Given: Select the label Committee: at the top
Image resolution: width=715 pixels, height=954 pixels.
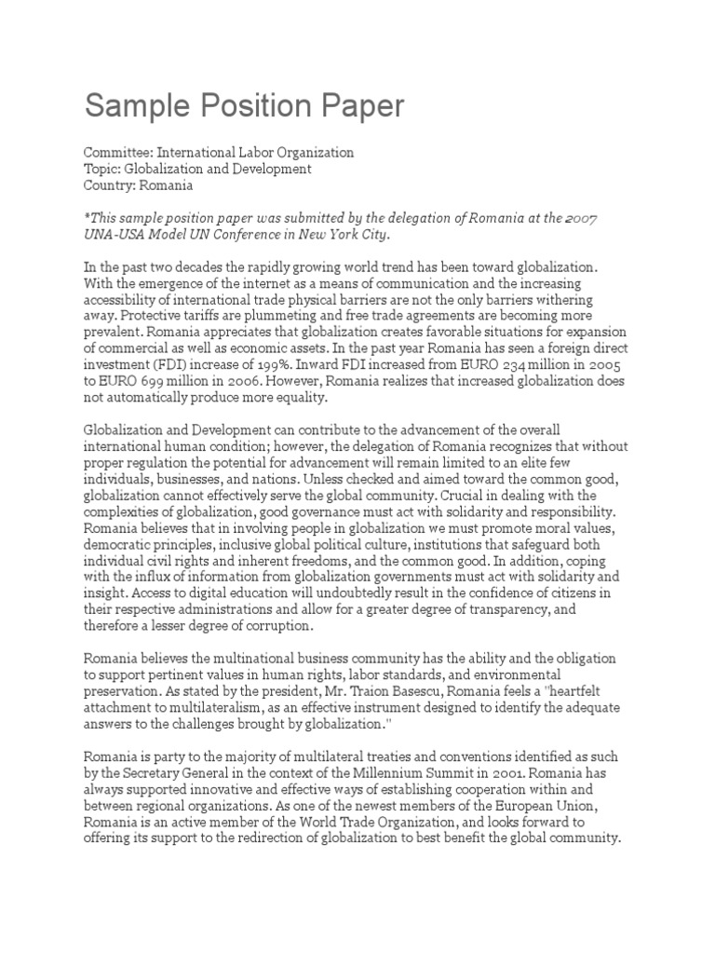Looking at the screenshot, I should (x=117, y=152).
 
